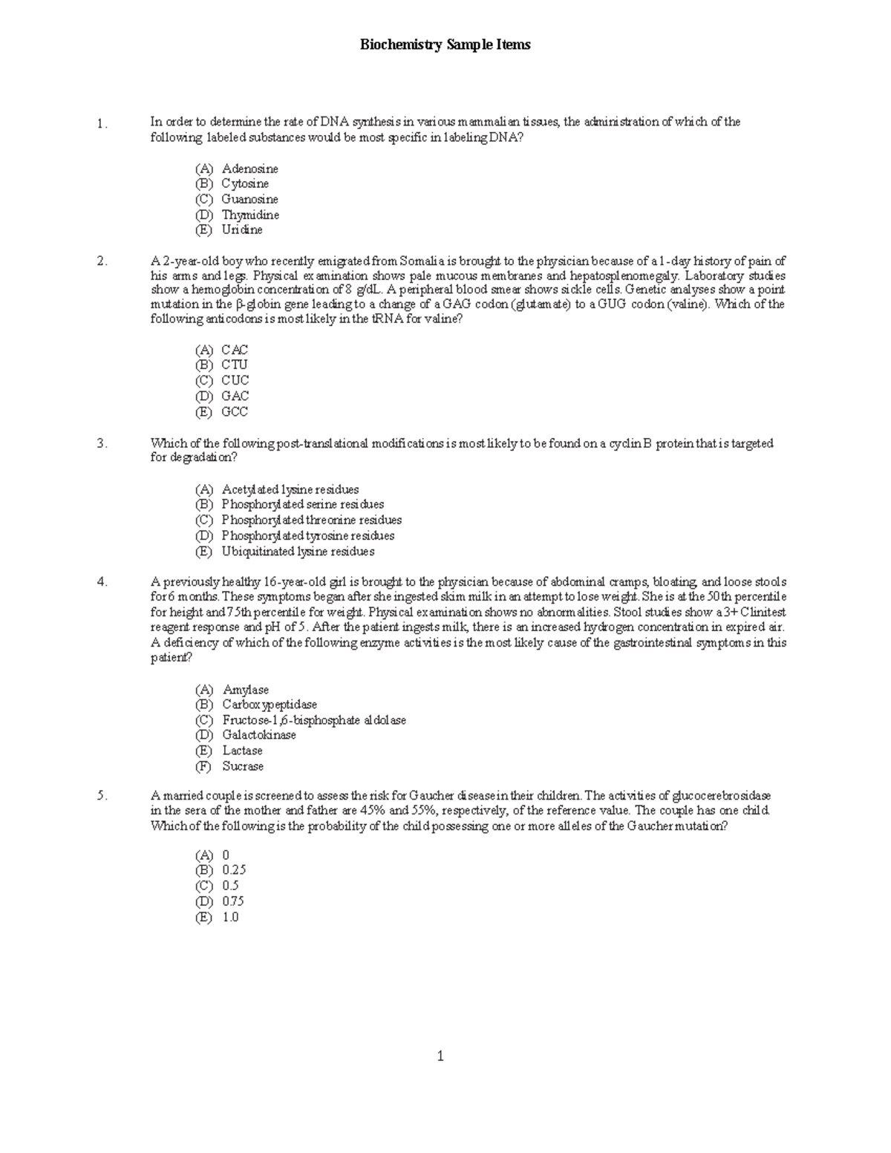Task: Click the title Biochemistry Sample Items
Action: pos(445,45)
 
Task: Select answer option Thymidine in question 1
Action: pos(249,215)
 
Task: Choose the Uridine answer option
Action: pos(241,230)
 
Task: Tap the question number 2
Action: pos(102,261)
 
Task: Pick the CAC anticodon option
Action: pos(234,350)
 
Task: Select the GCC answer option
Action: pos(234,411)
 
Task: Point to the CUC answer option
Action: pos(235,381)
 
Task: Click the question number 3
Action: pos(102,444)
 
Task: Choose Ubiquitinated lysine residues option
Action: pos(297,552)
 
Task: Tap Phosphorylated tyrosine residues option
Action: pos(307,536)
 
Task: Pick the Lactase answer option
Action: pos(242,751)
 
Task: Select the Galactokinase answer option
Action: pos(258,735)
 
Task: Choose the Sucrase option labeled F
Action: pos(242,766)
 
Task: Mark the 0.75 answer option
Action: pos(232,901)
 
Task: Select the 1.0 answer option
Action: pos(230,917)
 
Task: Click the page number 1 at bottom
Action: pos(440,1056)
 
